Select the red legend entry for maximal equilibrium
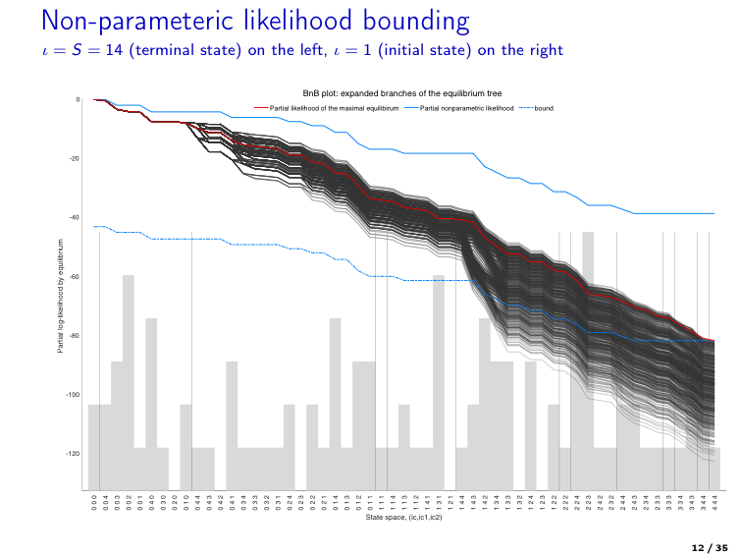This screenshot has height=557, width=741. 327,106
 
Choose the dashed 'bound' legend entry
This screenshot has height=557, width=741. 544,106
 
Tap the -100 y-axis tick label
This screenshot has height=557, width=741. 75,395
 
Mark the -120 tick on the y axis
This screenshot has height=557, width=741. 75,454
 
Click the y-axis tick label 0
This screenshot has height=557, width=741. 79,99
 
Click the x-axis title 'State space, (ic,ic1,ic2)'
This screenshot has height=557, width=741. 403,516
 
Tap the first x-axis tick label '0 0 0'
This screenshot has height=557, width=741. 94,501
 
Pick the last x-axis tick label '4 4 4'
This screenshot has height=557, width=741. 715,501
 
